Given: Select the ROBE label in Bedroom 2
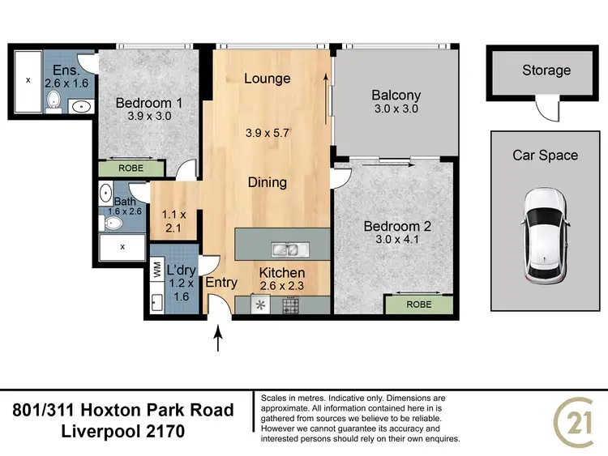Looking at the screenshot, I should [418, 305].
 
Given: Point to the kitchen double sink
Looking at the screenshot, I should [287, 249].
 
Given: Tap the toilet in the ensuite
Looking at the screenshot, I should [53, 100].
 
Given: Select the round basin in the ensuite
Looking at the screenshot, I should [81, 105].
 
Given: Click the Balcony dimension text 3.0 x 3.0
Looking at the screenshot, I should [396, 110].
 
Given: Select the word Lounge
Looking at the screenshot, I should [268, 79].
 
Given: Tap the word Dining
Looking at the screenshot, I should [268, 182].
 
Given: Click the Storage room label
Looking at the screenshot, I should [546, 70].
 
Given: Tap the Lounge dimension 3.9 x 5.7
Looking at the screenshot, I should [268, 132].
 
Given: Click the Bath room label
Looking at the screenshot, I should [125, 202].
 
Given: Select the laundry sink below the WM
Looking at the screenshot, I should [156, 303].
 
